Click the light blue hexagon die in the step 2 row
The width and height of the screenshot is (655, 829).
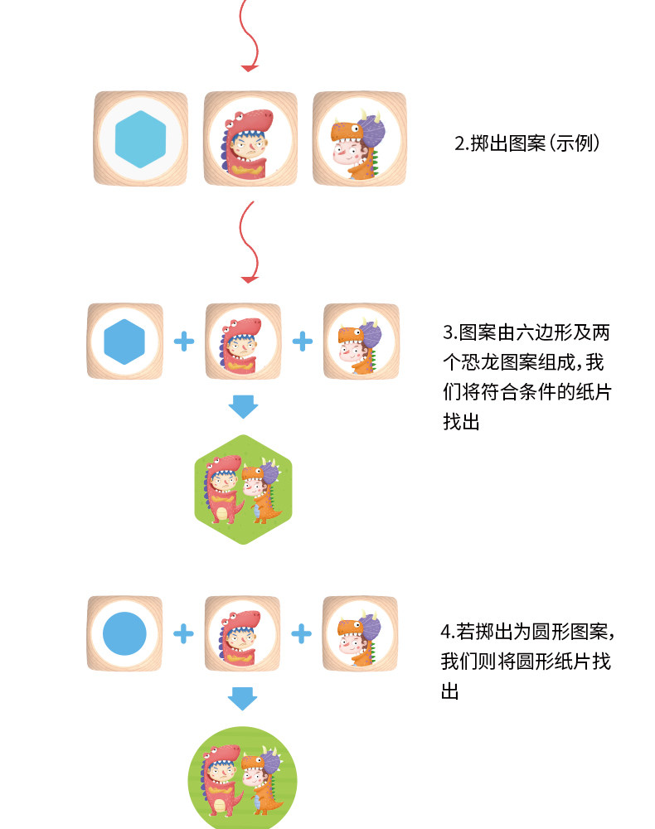[141, 138]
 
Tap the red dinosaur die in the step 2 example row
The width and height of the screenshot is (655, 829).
[250, 138]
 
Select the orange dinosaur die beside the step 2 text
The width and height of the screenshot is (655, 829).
[359, 138]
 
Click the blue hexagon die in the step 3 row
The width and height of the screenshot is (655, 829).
[124, 342]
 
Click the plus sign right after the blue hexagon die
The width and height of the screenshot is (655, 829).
[183, 342]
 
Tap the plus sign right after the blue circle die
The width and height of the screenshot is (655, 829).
[183, 634]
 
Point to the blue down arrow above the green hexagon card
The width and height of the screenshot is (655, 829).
[243, 407]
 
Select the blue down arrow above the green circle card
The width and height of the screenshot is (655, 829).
[243, 699]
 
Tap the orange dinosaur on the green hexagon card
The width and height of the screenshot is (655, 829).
[263, 493]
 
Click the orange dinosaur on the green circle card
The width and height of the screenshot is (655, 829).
[263, 783]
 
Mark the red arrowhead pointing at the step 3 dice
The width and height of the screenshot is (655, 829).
[249, 276]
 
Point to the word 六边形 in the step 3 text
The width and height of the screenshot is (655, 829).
[541, 333]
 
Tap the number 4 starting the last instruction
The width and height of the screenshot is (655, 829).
[446, 632]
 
